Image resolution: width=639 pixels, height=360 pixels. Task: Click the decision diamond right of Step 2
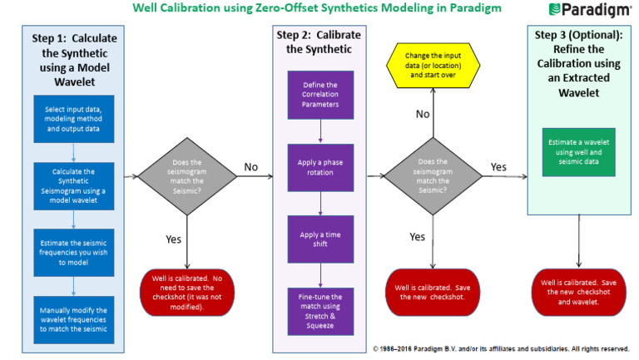tap(431, 176)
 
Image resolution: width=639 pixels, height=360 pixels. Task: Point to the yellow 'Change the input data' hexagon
tap(431, 64)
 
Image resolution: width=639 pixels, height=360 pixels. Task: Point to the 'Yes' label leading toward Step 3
tap(498, 167)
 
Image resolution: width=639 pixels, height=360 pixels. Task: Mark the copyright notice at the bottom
tap(499, 348)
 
